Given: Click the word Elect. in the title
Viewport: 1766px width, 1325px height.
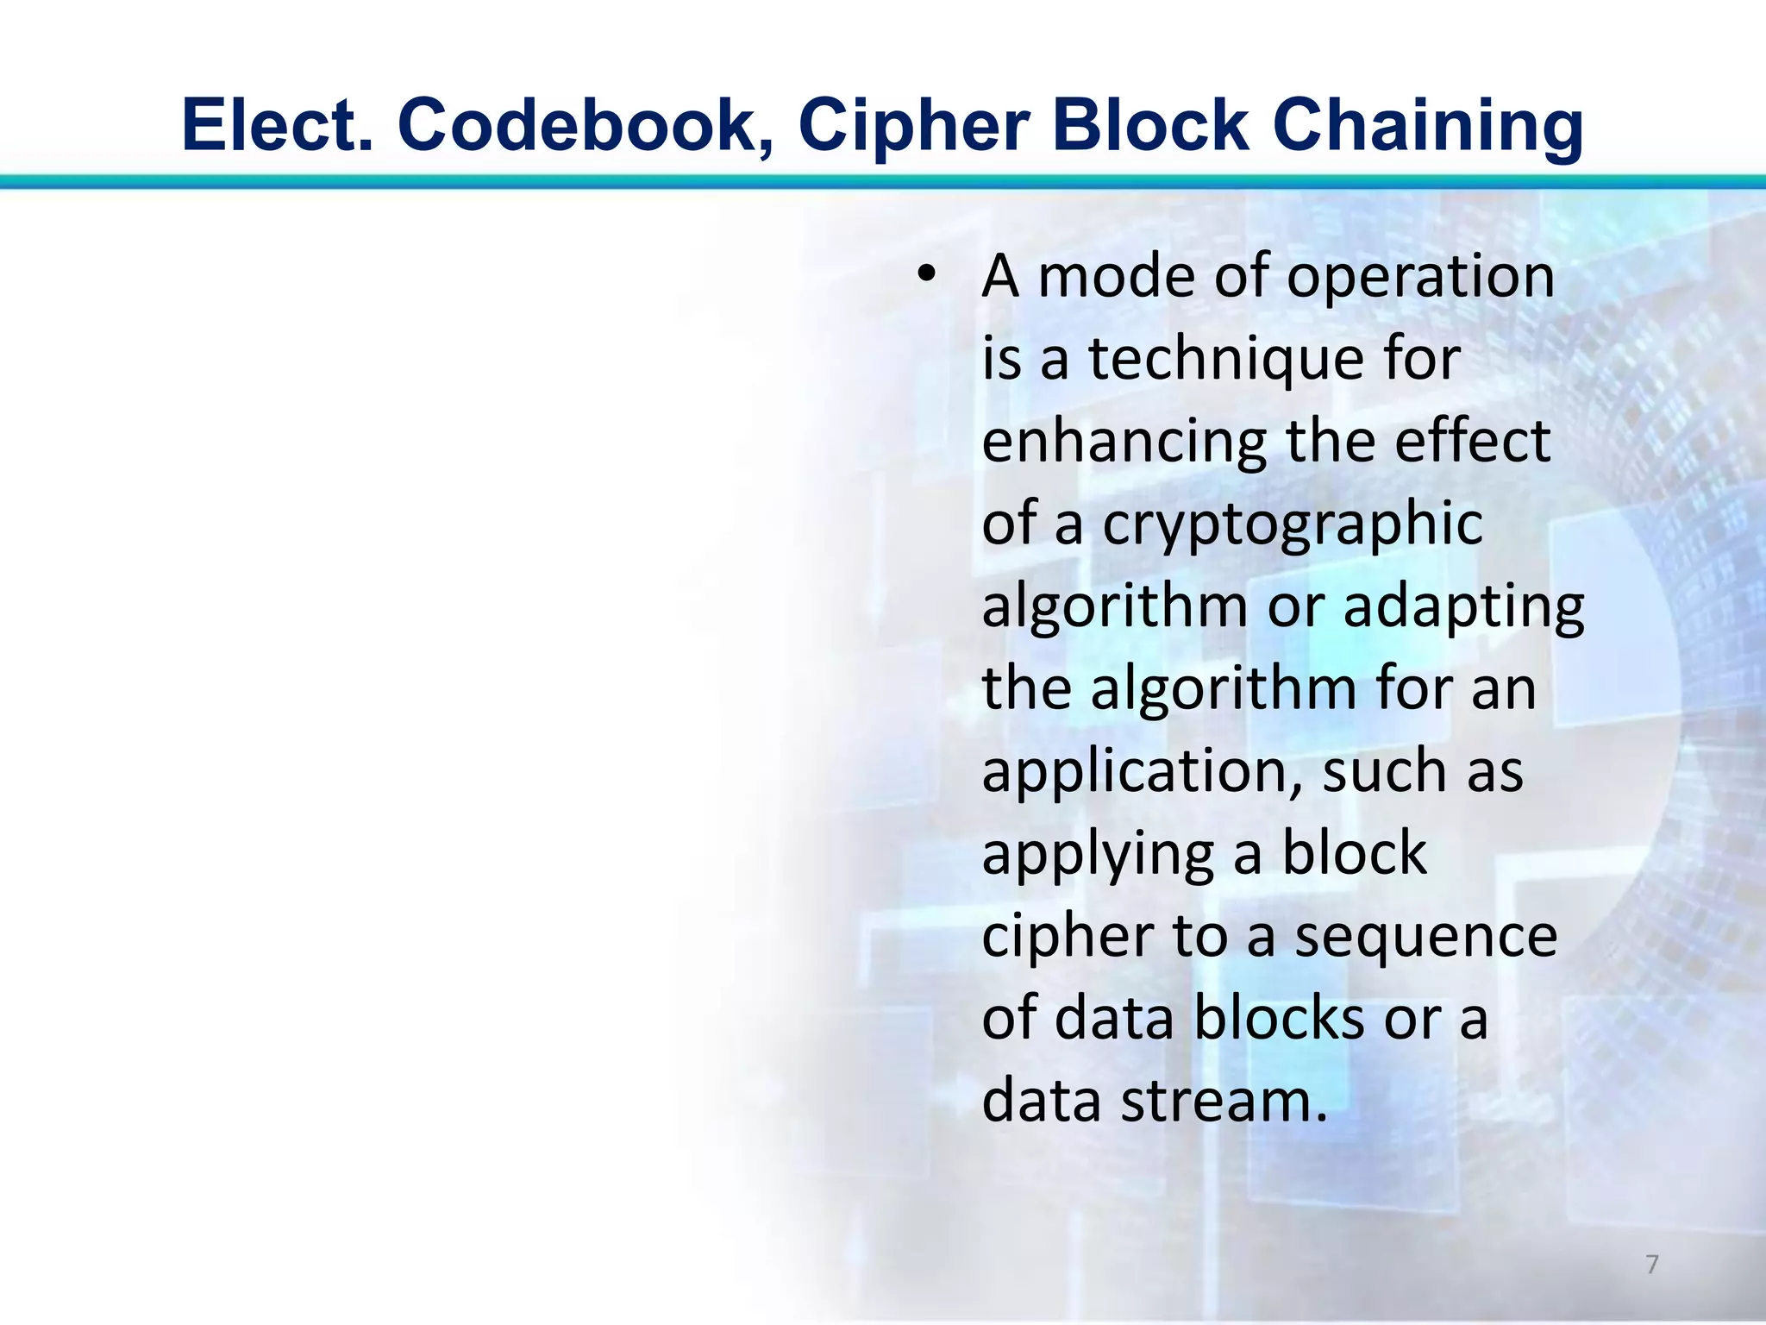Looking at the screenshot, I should click(278, 126).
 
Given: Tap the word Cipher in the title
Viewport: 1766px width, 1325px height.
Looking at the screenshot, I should click(913, 126).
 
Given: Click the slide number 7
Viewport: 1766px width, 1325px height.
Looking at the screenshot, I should click(1652, 1265).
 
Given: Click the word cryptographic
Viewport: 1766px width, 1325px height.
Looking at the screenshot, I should click(1292, 524).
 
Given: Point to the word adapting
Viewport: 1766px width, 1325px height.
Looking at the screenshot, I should click(1463, 606).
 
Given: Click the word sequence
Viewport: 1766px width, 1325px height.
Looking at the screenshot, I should click(1426, 937).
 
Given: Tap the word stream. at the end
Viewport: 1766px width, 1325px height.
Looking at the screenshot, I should click(1224, 1102).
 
